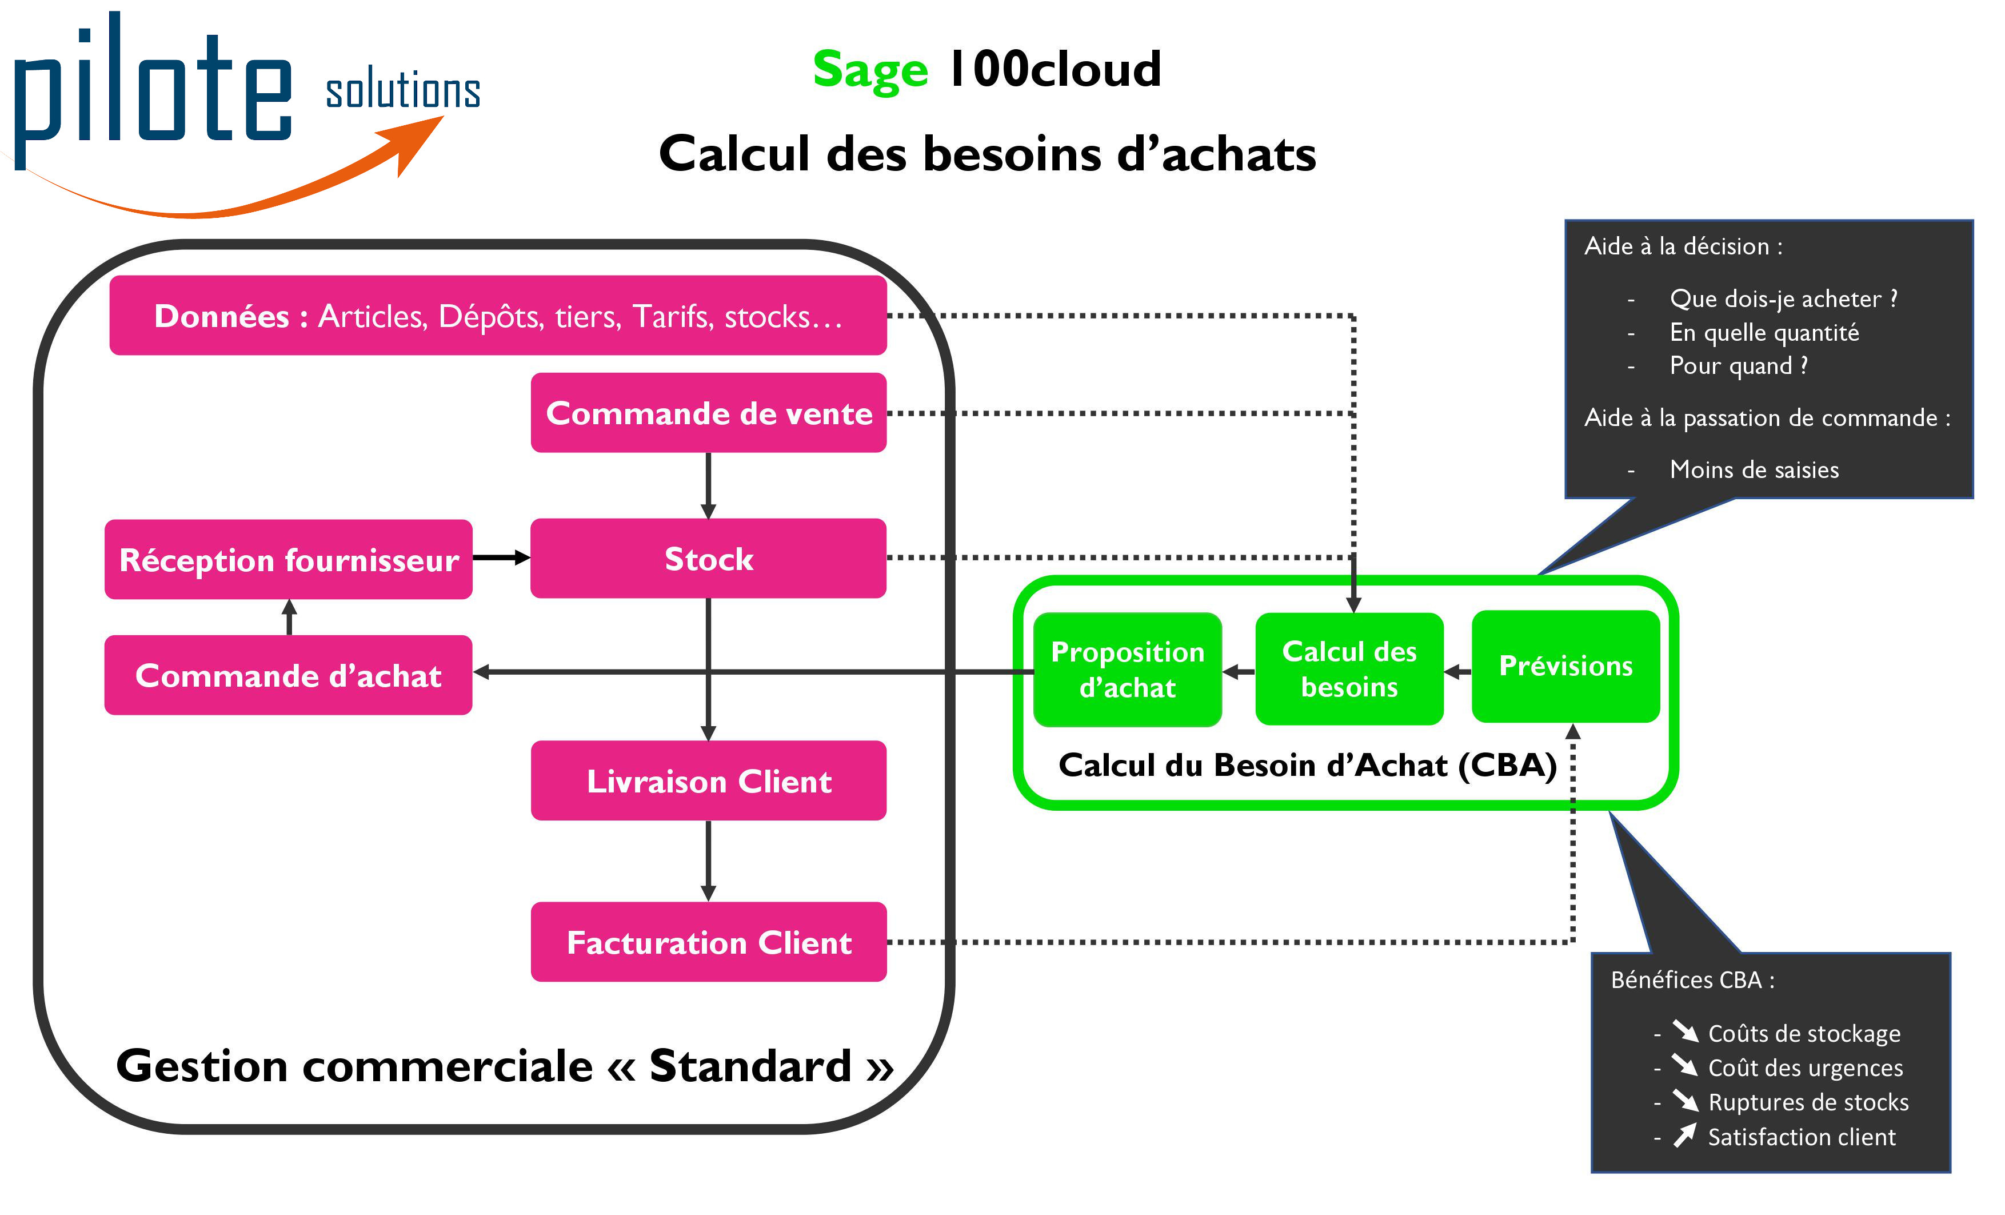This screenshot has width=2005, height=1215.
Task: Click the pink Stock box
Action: (x=708, y=559)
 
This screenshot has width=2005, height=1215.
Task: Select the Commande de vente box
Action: (x=708, y=413)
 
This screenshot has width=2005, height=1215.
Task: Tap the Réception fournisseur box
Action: (x=289, y=560)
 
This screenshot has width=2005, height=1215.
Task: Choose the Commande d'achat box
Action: (x=289, y=675)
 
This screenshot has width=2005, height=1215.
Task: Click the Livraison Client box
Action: (x=708, y=781)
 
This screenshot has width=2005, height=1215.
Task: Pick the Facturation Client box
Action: (x=708, y=942)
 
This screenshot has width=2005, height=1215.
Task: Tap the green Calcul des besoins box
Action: (x=1349, y=669)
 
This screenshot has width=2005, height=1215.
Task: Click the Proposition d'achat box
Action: (x=1128, y=670)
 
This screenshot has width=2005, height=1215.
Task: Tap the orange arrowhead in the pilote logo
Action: (x=419, y=141)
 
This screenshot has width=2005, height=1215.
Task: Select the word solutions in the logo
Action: (x=403, y=90)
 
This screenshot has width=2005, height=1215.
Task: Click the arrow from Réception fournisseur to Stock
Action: (x=501, y=558)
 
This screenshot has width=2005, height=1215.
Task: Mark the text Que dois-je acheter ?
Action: (x=1783, y=298)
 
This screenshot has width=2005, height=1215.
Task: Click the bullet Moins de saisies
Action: (x=1754, y=469)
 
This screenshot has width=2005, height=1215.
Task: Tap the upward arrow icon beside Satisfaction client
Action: (x=1684, y=1136)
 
